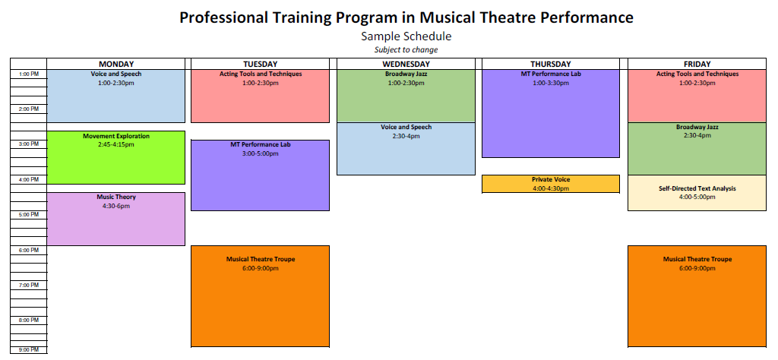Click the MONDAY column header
(116, 64)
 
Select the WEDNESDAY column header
(406, 64)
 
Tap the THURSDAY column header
(551, 64)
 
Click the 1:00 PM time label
(29, 74)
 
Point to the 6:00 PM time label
(29, 251)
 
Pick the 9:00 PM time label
(29, 350)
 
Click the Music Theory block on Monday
(116, 219)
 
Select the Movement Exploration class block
(116, 158)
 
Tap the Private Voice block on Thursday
(551, 184)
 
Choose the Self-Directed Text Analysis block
(697, 193)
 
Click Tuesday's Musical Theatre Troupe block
(260, 296)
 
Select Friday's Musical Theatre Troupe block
(697, 296)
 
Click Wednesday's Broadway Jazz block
(406, 96)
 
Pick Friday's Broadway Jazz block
(697, 149)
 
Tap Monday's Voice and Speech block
(116, 96)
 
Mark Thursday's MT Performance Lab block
(551, 114)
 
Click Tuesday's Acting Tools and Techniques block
(260, 96)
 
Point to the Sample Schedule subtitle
(406, 36)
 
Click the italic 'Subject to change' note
(406, 49)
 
